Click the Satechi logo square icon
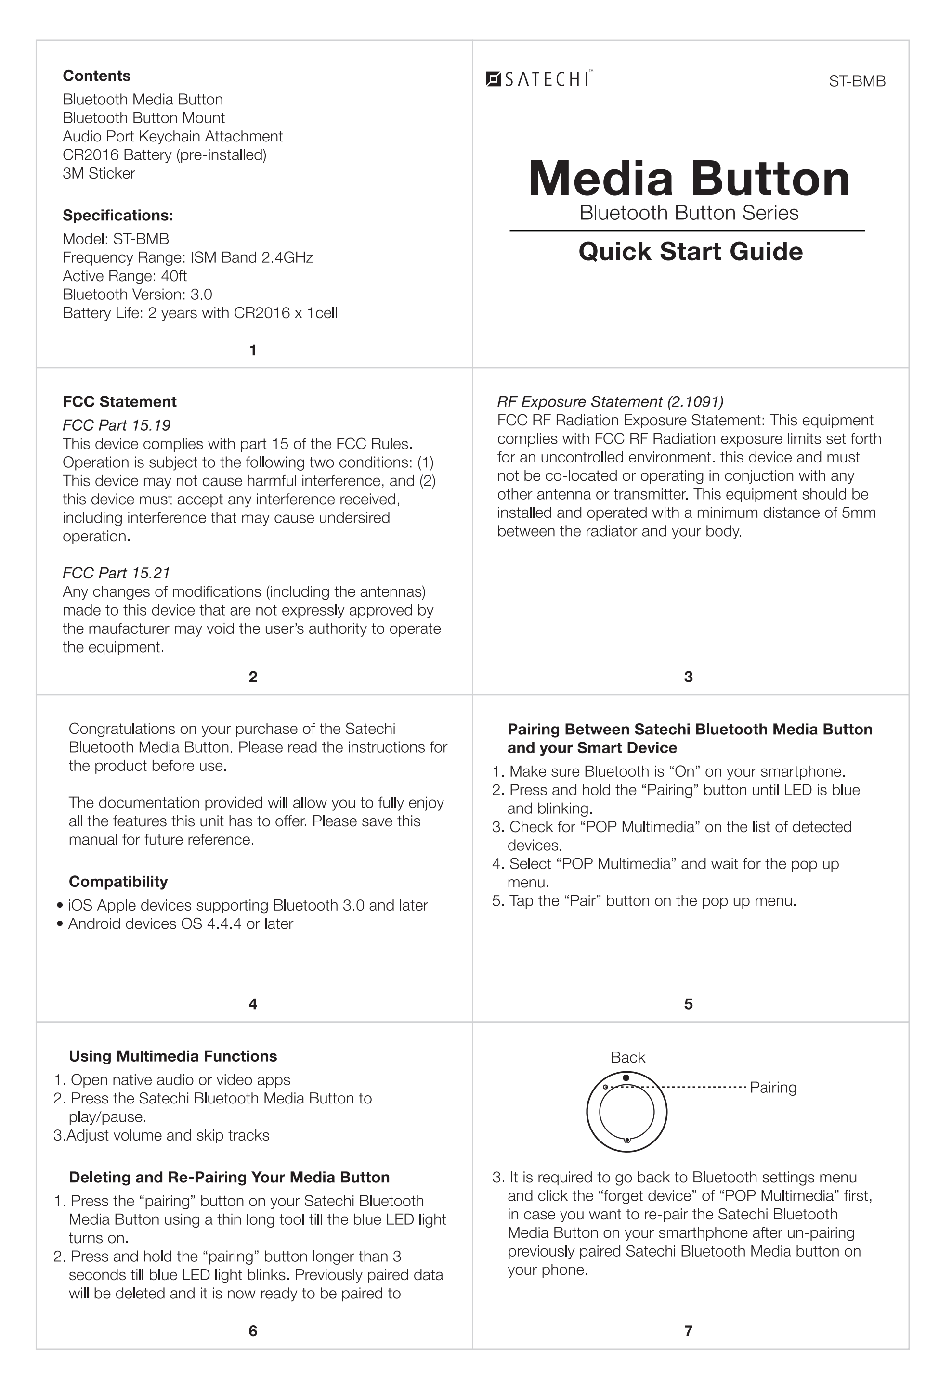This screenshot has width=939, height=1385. (x=493, y=79)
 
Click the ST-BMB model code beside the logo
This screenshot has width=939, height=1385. (x=857, y=82)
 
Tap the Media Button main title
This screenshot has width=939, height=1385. (x=689, y=179)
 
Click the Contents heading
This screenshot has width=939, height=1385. (x=97, y=76)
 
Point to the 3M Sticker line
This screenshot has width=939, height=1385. (x=99, y=173)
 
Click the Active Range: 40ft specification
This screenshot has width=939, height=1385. (x=125, y=276)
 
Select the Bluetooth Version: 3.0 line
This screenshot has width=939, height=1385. (x=137, y=295)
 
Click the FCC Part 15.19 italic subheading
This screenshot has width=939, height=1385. (x=116, y=425)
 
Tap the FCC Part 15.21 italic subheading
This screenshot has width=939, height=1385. (x=116, y=573)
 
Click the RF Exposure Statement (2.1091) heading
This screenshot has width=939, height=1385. (x=610, y=402)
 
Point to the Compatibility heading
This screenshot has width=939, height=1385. (x=118, y=882)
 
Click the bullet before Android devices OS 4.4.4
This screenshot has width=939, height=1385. (x=60, y=924)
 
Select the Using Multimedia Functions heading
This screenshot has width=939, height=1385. (x=173, y=1056)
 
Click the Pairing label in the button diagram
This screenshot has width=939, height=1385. (x=773, y=1088)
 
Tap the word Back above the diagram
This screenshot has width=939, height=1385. (x=627, y=1057)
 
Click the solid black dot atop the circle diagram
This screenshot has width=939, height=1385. (x=626, y=1077)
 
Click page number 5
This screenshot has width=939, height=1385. (x=688, y=1004)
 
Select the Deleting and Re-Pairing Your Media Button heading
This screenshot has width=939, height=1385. (x=229, y=1177)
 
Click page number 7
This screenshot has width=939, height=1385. (x=688, y=1331)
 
